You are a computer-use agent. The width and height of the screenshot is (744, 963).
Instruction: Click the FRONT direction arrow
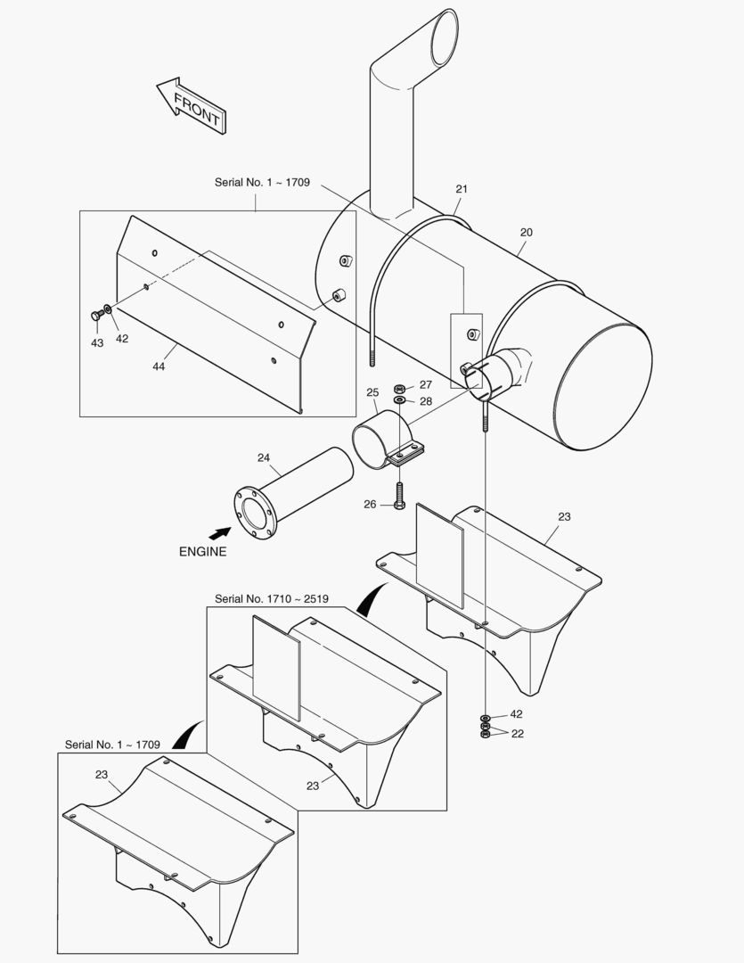[x=191, y=104]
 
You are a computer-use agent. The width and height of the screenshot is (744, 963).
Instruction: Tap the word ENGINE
[x=202, y=551]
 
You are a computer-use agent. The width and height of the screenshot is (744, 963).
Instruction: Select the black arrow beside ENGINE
[x=218, y=532]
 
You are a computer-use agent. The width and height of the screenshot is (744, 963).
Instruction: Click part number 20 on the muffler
[x=526, y=233]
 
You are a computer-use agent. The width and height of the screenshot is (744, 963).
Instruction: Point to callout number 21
[x=462, y=189]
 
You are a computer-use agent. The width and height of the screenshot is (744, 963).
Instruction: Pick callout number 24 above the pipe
[x=264, y=457]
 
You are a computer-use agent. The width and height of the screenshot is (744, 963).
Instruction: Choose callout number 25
[x=372, y=392]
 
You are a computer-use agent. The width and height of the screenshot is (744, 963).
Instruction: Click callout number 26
[x=370, y=505]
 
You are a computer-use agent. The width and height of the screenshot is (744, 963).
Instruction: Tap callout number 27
[x=425, y=385]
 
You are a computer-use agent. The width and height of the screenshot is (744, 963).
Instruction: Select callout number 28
[x=425, y=401]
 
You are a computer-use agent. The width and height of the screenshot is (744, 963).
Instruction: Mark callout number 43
[x=97, y=343]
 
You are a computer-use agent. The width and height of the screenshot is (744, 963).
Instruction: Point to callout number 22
[x=517, y=733]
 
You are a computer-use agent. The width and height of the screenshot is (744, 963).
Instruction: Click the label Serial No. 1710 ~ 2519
[x=272, y=599]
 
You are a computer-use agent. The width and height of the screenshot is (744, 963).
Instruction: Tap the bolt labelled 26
[x=398, y=495]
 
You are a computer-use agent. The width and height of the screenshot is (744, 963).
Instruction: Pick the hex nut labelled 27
[x=400, y=388]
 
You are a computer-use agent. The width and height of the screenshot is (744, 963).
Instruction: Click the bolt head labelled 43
[x=94, y=315]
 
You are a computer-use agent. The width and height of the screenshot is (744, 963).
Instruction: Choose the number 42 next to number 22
[x=516, y=715]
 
